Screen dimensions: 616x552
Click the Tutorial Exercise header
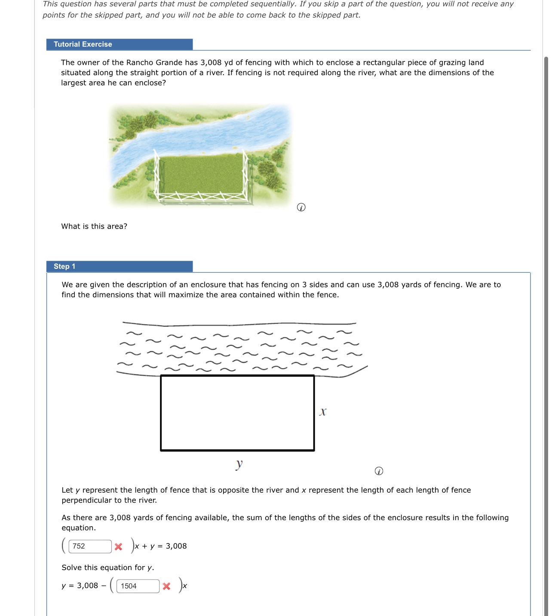tap(83, 44)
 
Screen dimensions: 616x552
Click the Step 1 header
tap(64, 266)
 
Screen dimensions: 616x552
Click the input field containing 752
tap(90, 546)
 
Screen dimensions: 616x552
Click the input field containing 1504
tap(138, 586)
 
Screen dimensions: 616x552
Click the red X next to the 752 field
tap(119, 546)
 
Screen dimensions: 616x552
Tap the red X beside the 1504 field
tap(167, 586)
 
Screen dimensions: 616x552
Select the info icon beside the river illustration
tap(301, 207)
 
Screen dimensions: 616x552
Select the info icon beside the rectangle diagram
tap(379, 471)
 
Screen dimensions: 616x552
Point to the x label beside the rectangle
tap(323, 412)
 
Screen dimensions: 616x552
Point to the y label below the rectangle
tap(239, 464)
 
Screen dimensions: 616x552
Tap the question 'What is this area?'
tap(94, 226)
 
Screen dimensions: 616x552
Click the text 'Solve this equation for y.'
tap(107, 567)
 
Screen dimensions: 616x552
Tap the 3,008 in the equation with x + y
tap(176, 546)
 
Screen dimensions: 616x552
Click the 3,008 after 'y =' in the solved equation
tap(88, 586)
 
